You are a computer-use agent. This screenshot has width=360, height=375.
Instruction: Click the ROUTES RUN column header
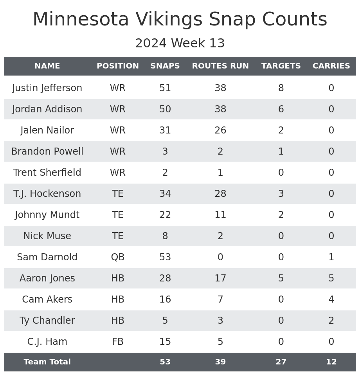pyautogui.click(x=220, y=66)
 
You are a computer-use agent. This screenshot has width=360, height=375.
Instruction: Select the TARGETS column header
pyautogui.click(x=281, y=66)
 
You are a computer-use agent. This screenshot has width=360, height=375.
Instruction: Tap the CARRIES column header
pyautogui.click(x=331, y=66)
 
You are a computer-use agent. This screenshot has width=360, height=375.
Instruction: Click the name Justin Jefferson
pyautogui.click(x=47, y=88)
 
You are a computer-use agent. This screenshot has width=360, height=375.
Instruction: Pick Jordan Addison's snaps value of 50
pyautogui.click(x=165, y=109)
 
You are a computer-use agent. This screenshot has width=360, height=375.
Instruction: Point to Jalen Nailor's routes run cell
pyautogui.click(x=220, y=130)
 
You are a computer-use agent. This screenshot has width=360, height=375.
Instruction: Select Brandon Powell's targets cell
pyautogui.click(x=281, y=151)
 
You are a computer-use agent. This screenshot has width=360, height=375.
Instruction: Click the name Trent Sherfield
pyautogui.click(x=47, y=173)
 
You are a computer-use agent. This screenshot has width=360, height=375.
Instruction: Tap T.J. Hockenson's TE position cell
pyautogui.click(x=118, y=194)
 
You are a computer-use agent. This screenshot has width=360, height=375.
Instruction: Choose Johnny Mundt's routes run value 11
pyautogui.click(x=220, y=215)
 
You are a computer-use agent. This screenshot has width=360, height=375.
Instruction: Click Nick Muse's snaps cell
pyautogui.click(x=165, y=236)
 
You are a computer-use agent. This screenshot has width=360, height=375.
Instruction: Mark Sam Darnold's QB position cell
pyautogui.click(x=118, y=257)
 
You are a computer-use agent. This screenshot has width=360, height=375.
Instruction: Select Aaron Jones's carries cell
pyautogui.click(x=331, y=278)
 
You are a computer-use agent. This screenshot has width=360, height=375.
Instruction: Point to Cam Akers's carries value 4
pyautogui.click(x=331, y=299)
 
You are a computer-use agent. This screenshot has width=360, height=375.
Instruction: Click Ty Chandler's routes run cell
pyautogui.click(x=220, y=321)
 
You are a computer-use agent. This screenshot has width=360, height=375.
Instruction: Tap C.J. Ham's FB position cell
pyautogui.click(x=118, y=342)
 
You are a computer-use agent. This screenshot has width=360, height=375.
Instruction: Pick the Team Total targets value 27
pyautogui.click(x=281, y=362)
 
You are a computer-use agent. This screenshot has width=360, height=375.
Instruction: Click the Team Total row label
pyautogui.click(x=47, y=362)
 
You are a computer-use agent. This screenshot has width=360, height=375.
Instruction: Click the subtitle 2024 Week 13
pyautogui.click(x=180, y=43)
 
